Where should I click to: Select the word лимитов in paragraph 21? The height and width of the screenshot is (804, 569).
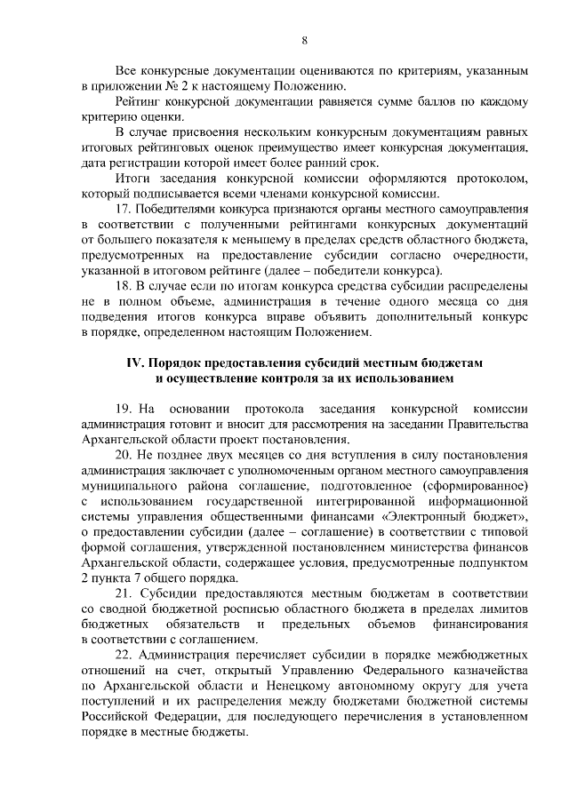pyautogui.click(x=503, y=609)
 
